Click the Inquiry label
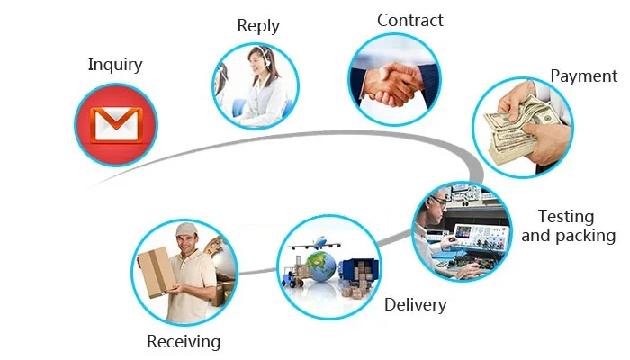(115, 65)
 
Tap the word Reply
(258, 25)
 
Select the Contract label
(409, 20)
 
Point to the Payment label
(583, 76)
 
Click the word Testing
(565, 217)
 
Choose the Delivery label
(415, 304)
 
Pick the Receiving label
(184, 341)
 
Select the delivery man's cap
(186, 229)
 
